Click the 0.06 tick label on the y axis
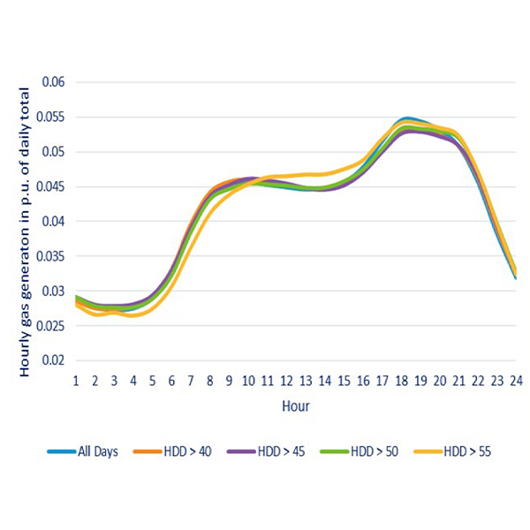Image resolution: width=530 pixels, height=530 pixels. [x=56, y=82]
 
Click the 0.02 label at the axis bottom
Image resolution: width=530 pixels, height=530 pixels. [x=56, y=360]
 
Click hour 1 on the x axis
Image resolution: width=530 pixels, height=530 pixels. [x=76, y=382]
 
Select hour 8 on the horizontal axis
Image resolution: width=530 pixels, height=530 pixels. [x=210, y=382]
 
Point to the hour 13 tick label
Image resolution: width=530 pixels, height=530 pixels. [x=306, y=382]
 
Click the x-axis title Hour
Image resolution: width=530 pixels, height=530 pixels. [x=295, y=407]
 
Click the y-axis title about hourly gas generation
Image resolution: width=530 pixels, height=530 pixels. [x=26, y=231]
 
